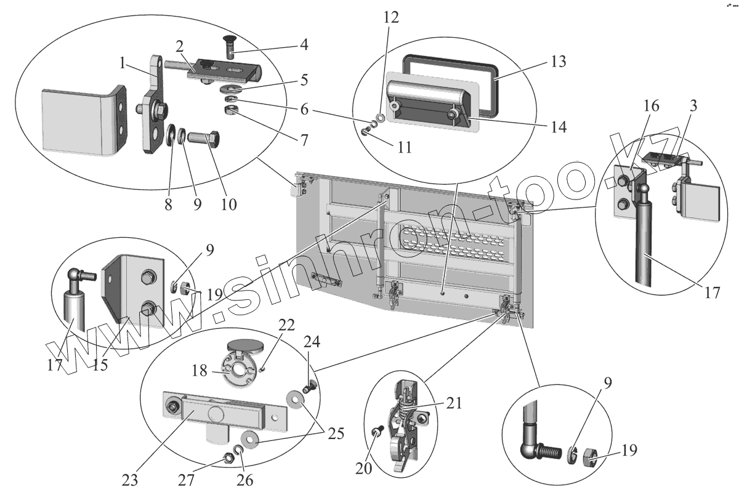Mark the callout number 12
(x=390, y=17)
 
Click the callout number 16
(x=652, y=106)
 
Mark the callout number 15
(x=100, y=365)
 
